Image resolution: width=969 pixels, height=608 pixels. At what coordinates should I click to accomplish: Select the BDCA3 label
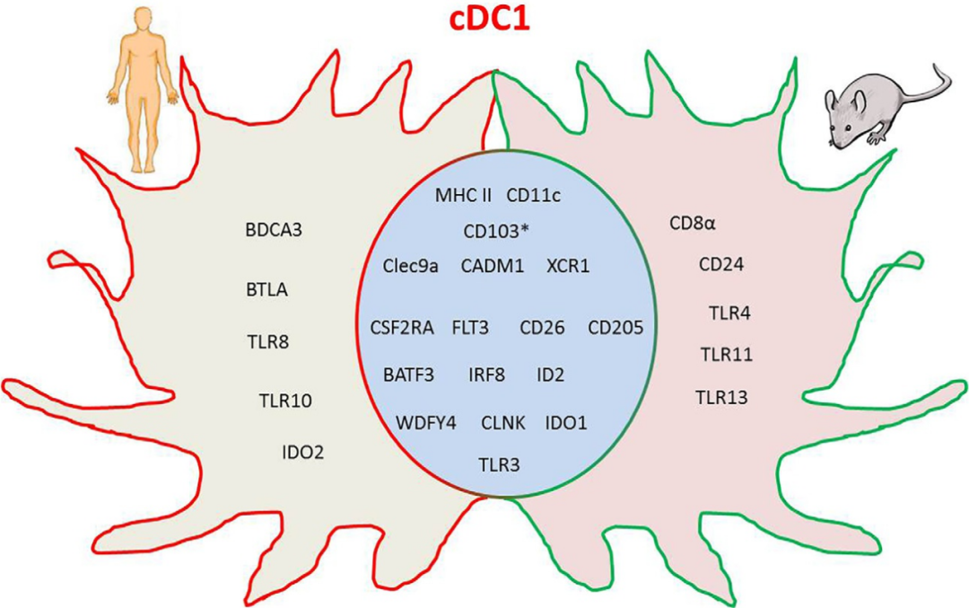(274, 230)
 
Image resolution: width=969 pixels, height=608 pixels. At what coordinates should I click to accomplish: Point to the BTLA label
(266, 290)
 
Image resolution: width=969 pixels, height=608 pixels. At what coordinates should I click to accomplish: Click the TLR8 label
(267, 341)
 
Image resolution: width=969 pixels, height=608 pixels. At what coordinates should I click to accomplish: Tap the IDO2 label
(302, 452)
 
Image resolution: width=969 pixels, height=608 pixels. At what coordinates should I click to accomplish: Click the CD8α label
(693, 224)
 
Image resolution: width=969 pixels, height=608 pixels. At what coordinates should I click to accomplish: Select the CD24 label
(721, 265)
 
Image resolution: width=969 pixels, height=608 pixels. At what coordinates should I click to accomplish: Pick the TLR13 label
(721, 397)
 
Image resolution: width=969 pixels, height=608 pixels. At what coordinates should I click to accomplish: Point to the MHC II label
(464, 195)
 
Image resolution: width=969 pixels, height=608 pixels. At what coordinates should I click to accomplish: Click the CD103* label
(496, 231)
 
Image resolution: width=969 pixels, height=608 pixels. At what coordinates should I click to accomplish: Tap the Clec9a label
(410, 266)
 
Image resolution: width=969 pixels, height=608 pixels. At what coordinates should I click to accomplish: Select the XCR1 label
(568, 266)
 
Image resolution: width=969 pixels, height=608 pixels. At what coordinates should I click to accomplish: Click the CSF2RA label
(402, 328)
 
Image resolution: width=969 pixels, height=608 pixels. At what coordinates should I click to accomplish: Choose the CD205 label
(615, 328)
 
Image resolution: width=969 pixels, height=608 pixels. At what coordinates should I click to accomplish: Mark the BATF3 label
(408, 374)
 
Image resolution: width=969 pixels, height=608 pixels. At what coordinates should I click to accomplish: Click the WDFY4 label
(426, 421)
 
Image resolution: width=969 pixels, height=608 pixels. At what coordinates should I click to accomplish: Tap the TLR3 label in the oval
(499, 463)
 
